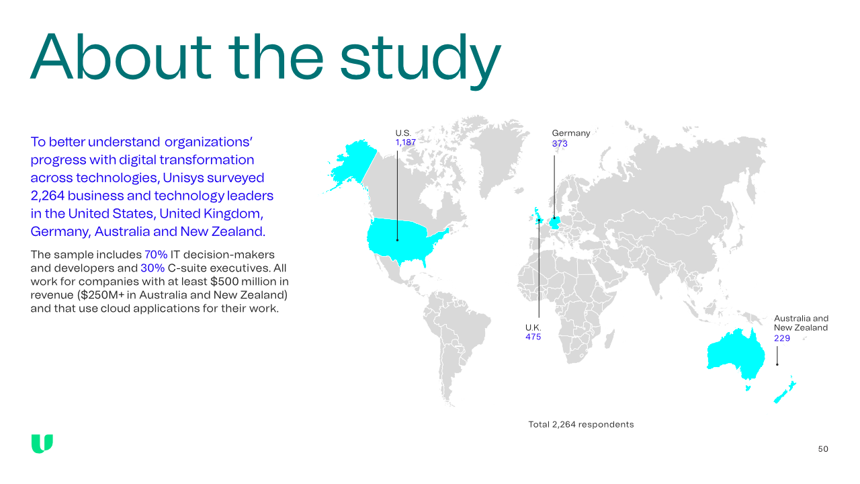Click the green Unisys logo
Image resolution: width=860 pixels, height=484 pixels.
coord(42,444)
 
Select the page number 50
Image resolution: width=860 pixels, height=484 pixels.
coord(823,449)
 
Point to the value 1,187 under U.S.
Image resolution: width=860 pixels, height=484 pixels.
coord(405,143)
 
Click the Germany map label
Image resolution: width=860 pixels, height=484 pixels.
coord(571,133)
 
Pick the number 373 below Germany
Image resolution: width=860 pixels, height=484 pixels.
coord(560,144)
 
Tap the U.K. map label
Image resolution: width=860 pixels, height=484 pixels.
coord(533,327)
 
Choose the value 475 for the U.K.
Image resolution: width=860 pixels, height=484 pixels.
coord(533,337)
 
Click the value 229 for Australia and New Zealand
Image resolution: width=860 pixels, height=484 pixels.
coord(782,338)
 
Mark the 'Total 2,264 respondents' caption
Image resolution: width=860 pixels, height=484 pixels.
coord(581,424)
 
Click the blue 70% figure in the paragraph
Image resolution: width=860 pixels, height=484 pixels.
coord(156,255)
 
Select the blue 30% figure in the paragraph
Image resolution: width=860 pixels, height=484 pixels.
coord(153,268)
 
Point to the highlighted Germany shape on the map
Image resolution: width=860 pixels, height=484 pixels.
coord(555,223)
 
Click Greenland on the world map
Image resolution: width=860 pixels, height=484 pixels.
coord(495,154)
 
